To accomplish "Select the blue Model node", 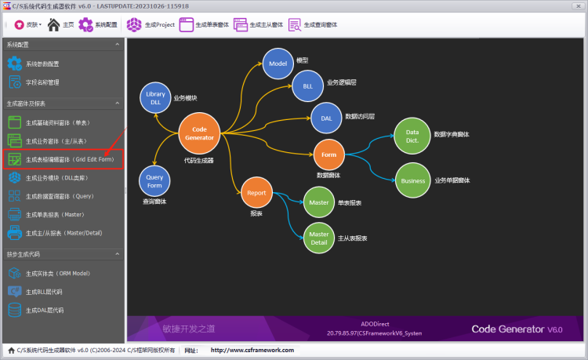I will point(277,64).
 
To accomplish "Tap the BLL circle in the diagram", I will point(307,86).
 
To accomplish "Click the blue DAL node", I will point(326,118).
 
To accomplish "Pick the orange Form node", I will point(329,155).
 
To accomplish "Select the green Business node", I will point(412,180).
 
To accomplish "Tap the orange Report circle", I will point(257,193).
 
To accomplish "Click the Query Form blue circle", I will point(154,181).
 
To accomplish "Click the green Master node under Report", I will point(319,202).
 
